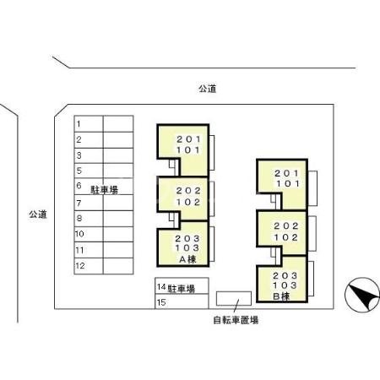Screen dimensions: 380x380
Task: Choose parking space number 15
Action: [160, 302]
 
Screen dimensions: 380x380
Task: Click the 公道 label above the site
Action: [208, 88]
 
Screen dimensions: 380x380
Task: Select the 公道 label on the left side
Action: [36, 214]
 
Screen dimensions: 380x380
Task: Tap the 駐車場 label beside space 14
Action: [181, 289]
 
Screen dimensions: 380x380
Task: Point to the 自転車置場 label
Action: [235, 320]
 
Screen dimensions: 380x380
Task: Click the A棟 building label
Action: [187, 260]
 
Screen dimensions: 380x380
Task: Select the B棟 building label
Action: [281, 296]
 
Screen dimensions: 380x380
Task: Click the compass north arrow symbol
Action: [361, 296]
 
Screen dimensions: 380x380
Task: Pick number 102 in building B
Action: [286, 237]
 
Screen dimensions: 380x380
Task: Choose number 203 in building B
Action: [286, 274]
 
